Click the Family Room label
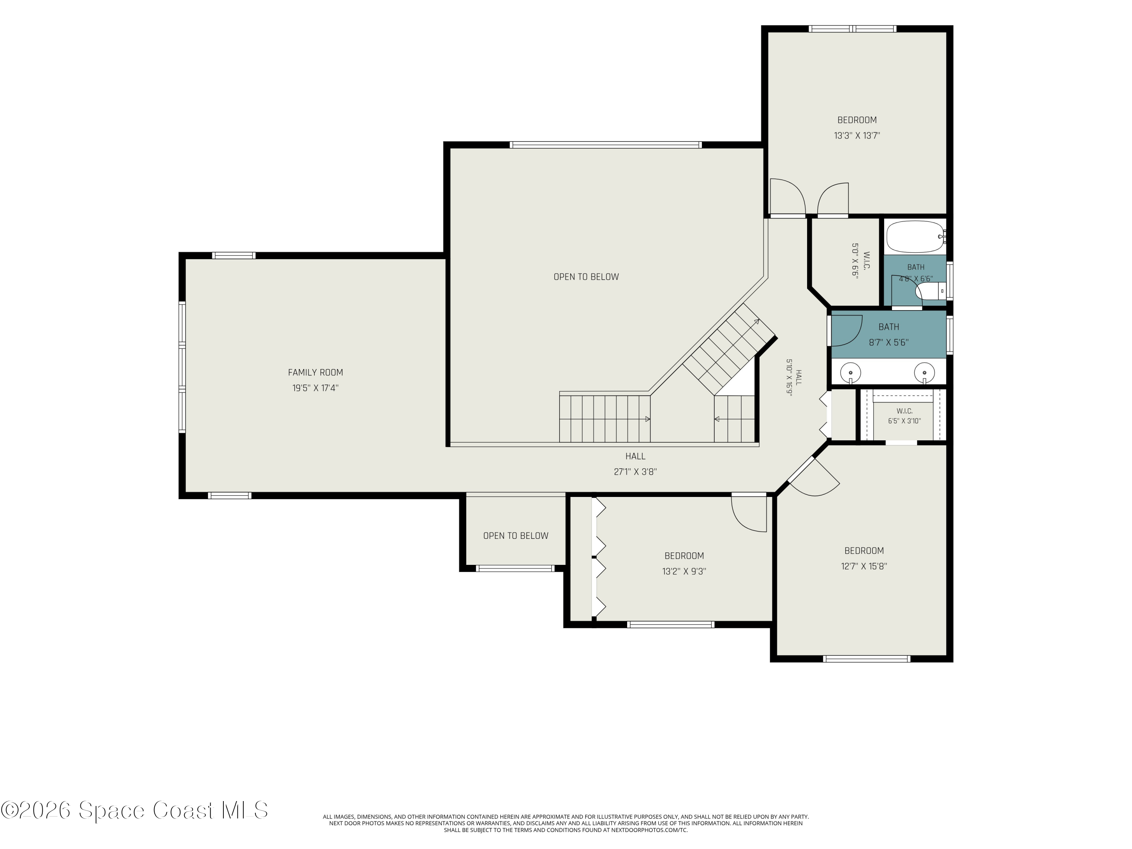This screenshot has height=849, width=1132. tap(315, 372)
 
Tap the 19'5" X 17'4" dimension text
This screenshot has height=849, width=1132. tap(315, 388)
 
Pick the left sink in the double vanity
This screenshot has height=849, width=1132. tap(851, 372)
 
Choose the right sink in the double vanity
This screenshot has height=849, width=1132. tap(924, 372)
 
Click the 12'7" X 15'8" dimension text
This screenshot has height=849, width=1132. tap(864, 566)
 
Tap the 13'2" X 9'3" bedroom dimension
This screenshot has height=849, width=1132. tap(684, 571)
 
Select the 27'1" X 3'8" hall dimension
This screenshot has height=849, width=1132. tap(635, 472)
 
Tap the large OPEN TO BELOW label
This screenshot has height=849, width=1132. tap(586, 277)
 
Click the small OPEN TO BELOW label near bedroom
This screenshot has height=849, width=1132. tap(515, 536)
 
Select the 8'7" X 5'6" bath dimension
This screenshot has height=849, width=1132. tap(888, 342)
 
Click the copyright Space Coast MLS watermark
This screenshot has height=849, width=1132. tap(134, 810)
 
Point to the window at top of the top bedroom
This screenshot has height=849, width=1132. tap(852, 29)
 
